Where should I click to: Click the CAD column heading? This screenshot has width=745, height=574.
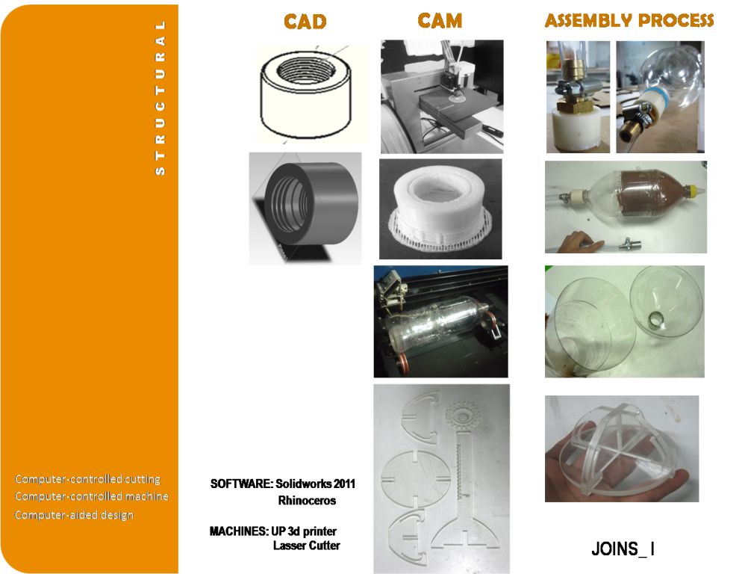(305, 22)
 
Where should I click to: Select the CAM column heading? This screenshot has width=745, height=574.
(440, 21)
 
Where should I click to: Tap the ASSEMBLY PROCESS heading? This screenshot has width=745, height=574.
(629, 20)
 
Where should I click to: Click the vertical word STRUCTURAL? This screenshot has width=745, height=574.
(160, 97)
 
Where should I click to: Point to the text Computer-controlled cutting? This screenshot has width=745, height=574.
(88, 479)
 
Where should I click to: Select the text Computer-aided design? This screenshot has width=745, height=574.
(74, 515)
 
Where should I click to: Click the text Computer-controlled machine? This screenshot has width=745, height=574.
(92, 496)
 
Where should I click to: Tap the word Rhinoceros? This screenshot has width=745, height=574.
(307, 500)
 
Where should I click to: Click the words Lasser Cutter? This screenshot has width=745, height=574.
(307, 546)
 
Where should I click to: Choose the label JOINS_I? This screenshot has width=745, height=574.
(623, 549)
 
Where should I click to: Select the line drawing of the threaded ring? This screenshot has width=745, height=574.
(306, 94)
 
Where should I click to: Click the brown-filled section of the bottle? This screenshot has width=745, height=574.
(641, 195)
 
